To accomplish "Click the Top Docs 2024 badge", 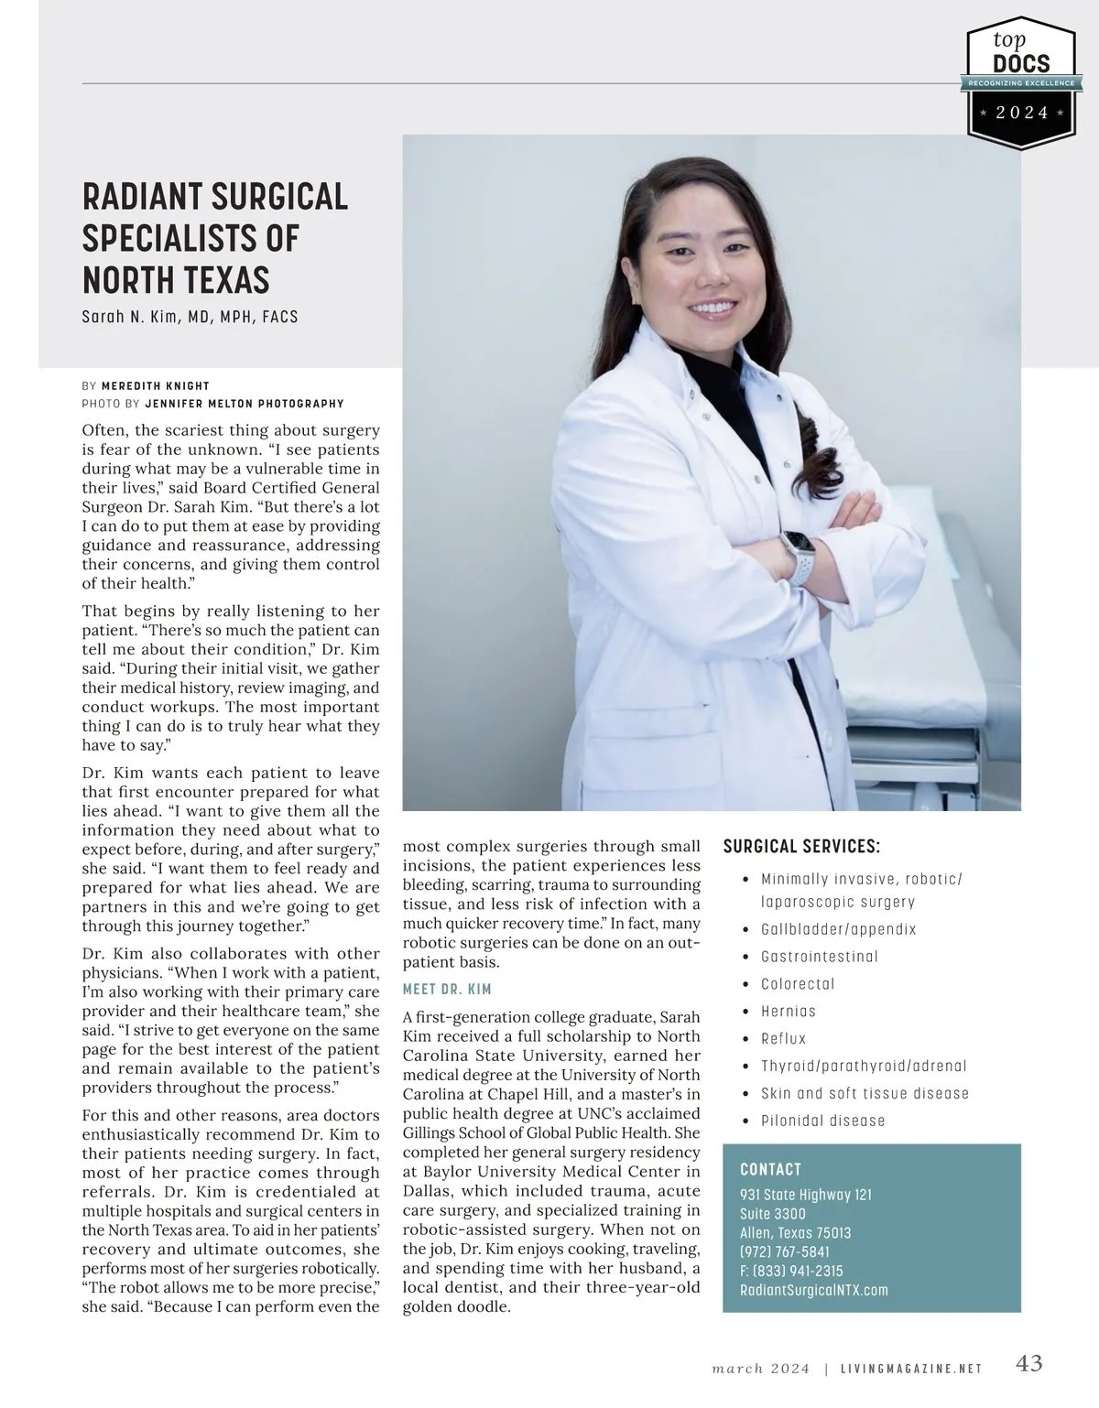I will [x=1021, y=82].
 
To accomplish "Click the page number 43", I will [x=1029, y=1363].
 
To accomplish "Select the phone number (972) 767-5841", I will [x=785, y=1251].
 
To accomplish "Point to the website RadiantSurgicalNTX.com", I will [x=814, y=1290].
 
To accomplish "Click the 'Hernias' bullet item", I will [x=789, y=1012].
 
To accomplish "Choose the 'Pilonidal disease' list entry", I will [x=823, y=1121].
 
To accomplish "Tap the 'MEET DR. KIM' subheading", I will [x=447, y=990].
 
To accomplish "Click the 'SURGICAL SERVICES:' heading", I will [x=801, y=847].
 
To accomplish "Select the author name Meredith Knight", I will [x=156, y=385].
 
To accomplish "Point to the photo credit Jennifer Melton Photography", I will [x=245, y=404].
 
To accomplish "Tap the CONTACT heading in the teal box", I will [x=770, y=1169].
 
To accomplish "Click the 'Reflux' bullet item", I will [x=784, y=1039].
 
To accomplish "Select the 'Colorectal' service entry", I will [x=798, y=984].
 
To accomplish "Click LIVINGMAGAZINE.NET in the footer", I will [x=911, y=1369].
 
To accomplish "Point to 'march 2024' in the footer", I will [x=761, y=1369].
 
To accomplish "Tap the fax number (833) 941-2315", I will [x=791, y=1271].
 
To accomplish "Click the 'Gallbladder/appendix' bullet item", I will [x=839, y=929].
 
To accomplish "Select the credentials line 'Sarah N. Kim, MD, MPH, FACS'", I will [x=190, y=317].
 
